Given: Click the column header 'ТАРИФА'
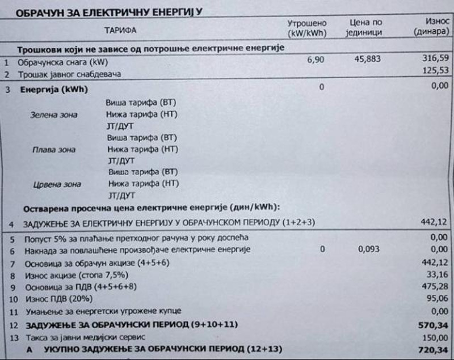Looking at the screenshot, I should [x=120, y=29].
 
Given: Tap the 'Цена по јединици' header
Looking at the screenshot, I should [x=366, y=28].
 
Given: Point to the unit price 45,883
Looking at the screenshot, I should [x=367, y=59].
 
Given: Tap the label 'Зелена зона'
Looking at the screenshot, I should [x=54, y=115].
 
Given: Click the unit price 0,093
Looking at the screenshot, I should [x=369, y=249].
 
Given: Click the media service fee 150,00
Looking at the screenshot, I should [x=434, y=337].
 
